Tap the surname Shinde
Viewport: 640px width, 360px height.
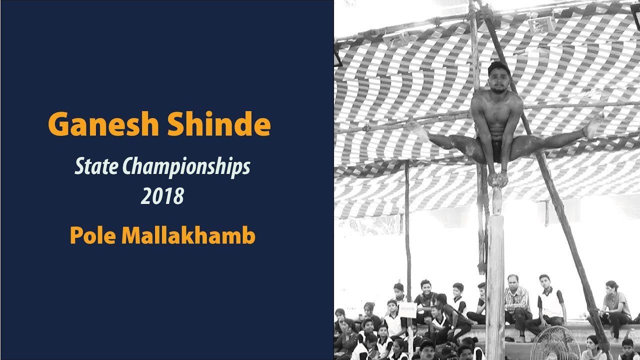219,124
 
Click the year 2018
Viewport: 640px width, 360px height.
162,196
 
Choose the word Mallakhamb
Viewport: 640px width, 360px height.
188,235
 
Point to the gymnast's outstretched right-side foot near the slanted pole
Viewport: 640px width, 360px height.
594,126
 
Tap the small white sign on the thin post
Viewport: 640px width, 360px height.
408,309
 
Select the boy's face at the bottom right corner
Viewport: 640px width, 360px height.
627,345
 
